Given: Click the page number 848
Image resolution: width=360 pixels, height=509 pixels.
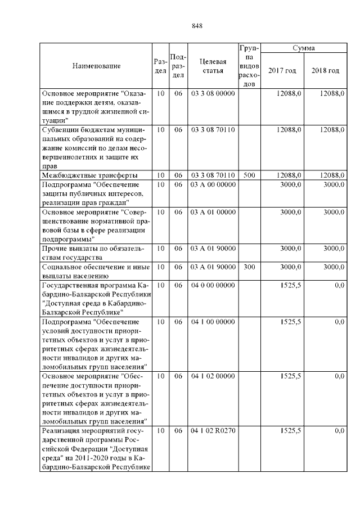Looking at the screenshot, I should coord(196,25).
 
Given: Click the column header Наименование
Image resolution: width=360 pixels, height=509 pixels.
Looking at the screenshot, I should coord(96,66).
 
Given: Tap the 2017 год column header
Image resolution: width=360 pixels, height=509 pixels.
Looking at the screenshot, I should coord(282,70).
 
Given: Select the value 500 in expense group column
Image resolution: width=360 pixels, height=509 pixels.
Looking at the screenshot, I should coord(249,175).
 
